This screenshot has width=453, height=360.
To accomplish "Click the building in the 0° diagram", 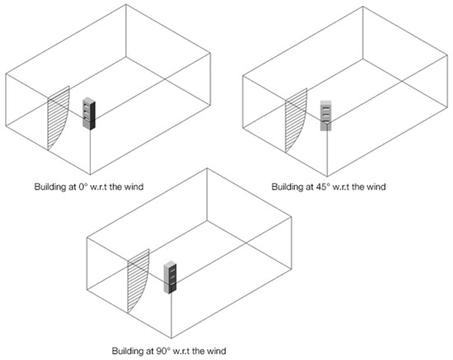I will pyautogui.click(x=89, y=113).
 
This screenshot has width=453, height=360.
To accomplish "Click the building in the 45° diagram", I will pyautogui.click(x=328, y=115).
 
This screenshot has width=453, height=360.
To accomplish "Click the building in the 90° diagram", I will pyautogui.click(x=171, y=278).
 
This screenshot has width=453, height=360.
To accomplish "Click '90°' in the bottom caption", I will pyautogui.click(x=160, y=351).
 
